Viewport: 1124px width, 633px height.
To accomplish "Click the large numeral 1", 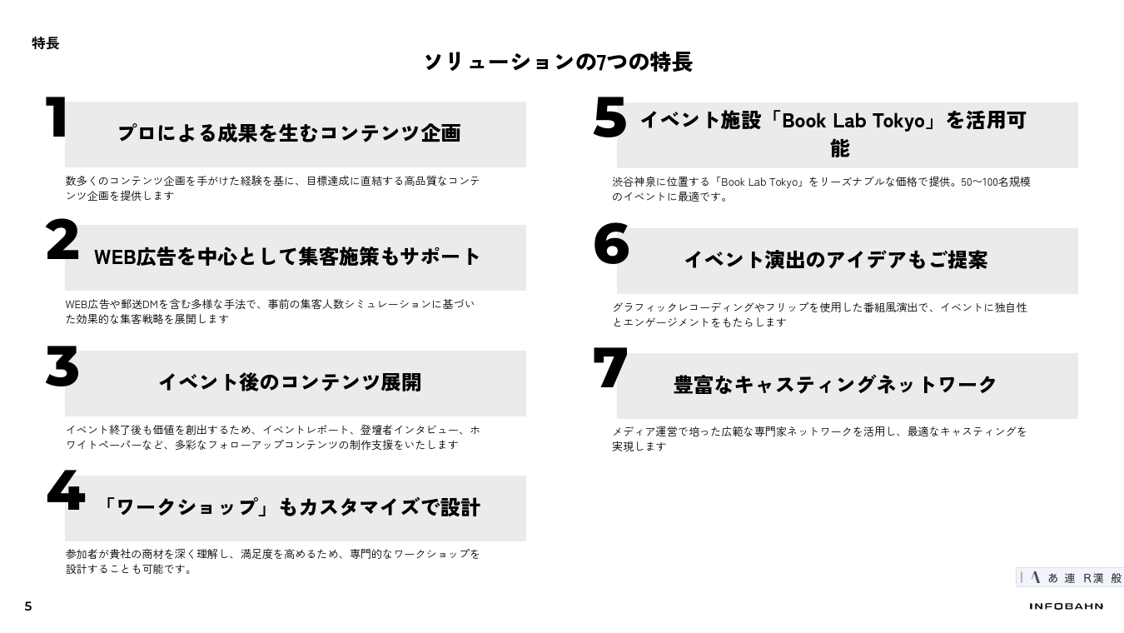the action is pos(57,117).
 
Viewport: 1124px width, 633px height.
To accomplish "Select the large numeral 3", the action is pos(62,366).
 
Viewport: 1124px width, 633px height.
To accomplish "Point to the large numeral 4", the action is pos(66,491).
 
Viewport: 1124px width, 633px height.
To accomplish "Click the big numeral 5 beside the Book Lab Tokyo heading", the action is pos(609,117).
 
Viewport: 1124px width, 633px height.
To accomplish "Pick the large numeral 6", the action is pos(611,244).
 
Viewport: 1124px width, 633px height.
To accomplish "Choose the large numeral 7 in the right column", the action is pos(610,367).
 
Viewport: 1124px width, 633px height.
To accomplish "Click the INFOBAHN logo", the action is pos(1067,606).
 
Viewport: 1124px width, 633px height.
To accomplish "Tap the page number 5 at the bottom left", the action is pos(28,606).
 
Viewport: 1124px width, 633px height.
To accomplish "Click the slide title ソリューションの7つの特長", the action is pos(559,62).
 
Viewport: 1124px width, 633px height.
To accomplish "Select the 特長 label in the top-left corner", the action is pos(46,43).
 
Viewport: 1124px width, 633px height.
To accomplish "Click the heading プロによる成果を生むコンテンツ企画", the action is pos(289,133).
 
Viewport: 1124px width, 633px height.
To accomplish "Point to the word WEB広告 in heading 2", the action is pos(135,257).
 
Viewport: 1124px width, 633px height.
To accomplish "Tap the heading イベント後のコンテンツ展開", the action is pos(290,382).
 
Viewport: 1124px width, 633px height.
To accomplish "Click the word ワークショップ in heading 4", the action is pos(187,507).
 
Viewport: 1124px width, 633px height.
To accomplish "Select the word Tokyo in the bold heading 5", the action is pos(898,121).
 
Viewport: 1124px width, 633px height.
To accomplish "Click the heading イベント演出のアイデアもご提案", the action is pos(836,260).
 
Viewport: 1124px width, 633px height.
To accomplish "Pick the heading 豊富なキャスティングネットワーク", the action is pos(834,385).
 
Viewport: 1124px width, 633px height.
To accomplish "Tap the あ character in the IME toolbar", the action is pos(1052,578).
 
